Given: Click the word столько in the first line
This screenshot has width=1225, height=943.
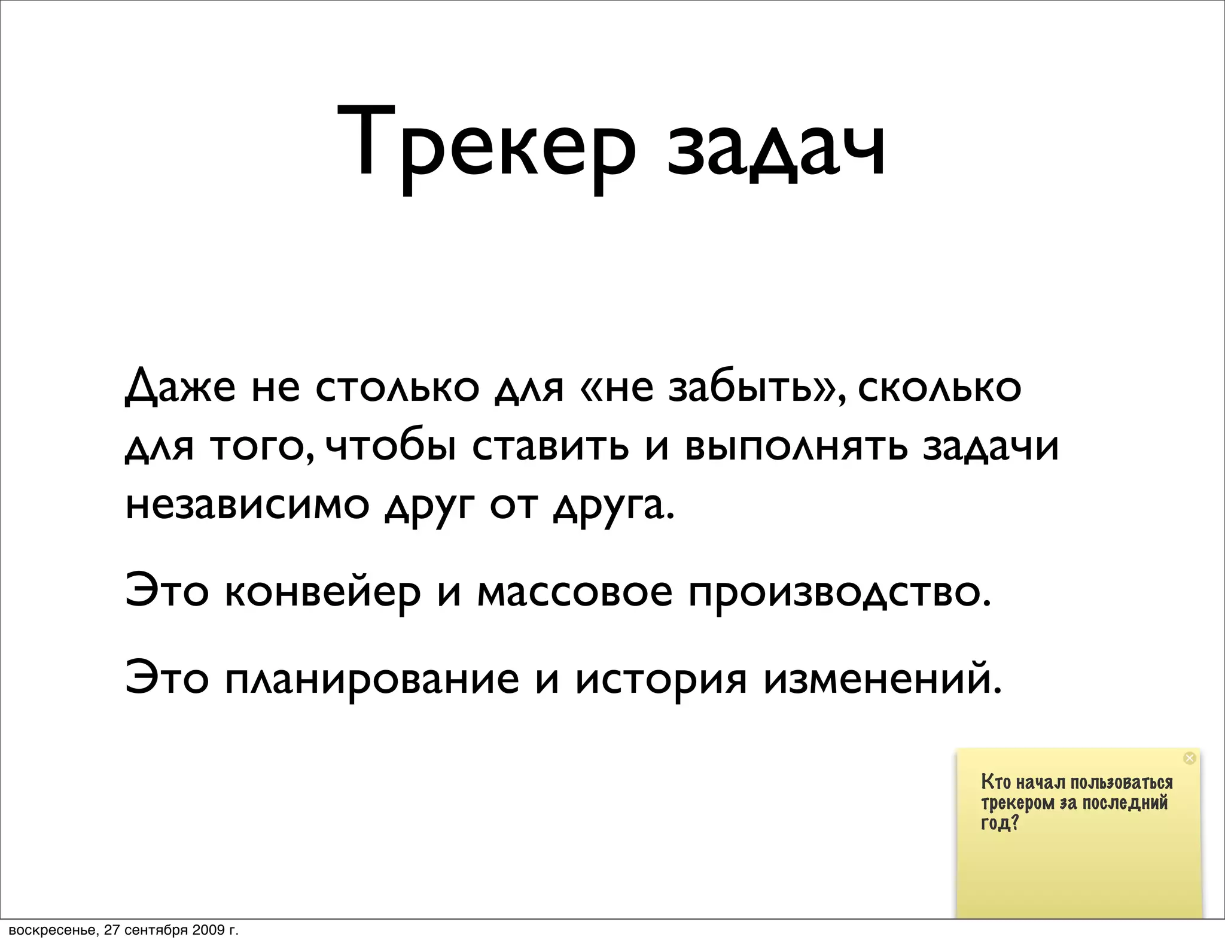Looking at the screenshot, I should tap(397, 387).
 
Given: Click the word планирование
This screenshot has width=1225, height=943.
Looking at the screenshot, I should tap(371, 680).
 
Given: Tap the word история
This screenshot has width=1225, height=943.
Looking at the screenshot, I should tap(661, 680).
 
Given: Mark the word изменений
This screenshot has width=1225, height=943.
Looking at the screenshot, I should tap(882, 680).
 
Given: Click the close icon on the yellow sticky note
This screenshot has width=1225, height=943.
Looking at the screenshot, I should tap(1189, 758).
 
